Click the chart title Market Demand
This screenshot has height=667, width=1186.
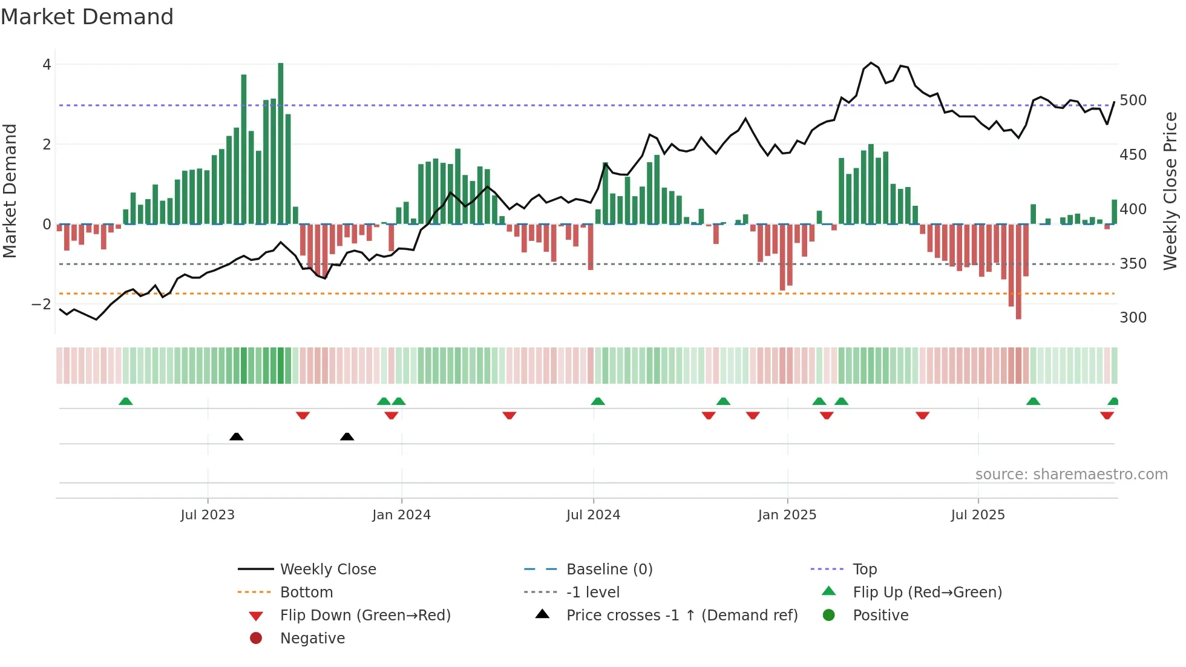tap(87, 17)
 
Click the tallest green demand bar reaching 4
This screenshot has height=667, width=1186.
tap(281, 143)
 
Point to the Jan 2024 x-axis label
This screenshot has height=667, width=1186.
tap(401, 515)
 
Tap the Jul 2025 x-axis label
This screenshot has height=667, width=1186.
tap(978, 515)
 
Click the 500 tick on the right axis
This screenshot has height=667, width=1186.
tap(1133, 100)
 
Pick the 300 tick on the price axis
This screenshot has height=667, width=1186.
tap(1133, 318)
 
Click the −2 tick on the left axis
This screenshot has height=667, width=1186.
tap(42, 304)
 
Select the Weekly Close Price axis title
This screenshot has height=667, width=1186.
tap(1170, 191)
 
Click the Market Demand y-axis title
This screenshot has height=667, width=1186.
tap(10, 191)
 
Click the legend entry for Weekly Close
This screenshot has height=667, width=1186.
tap(327, 570)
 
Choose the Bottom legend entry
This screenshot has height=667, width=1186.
tap(306, 593)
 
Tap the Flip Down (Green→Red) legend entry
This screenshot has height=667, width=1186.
tap(365, 616)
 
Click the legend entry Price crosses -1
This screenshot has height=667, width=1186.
tap(681, 616)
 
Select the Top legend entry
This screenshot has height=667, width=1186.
tap(865, 570)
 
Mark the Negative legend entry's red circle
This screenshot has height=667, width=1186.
tap(256, 639)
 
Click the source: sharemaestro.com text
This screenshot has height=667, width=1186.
tap(1071, 475)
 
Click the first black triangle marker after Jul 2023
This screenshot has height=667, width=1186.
tap(237, 437)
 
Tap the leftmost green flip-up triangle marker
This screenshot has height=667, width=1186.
tap(126, 401)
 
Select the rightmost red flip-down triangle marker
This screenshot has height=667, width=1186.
tap(1107, 415)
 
